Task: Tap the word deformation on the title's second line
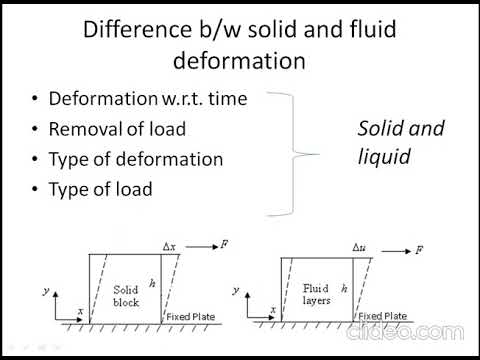pyautogui.click(x=240, y=60)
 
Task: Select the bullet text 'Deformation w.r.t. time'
pyautogui.click(x=141, y=99)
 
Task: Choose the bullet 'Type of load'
pyautogui.click(x=101, y=188)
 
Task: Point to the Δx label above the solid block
pyautogui.click(x=169, y=247)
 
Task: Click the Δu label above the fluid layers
pyautogui.click(x=361, y=246)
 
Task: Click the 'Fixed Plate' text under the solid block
pyautogui.click(x=190, y=317)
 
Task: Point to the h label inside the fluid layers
pyautogui.click(x=343, y=287)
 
